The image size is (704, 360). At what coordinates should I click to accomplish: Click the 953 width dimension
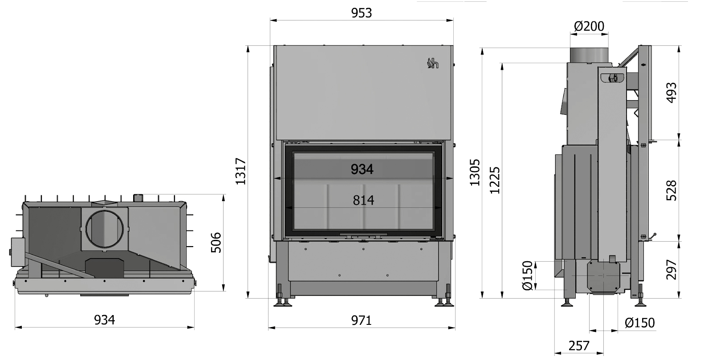point(362,13)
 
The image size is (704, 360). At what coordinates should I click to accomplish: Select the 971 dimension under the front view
point(362,320)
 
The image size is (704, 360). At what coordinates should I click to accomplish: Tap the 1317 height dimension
point(241,171)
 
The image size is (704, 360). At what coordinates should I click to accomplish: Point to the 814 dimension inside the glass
point(363,200)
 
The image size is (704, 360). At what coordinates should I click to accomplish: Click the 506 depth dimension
point(216,243)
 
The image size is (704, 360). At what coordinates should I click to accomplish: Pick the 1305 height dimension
point(475,173)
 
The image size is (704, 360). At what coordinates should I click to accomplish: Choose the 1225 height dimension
point(495,180)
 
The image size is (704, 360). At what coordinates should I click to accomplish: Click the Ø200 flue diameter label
point(589,26)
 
